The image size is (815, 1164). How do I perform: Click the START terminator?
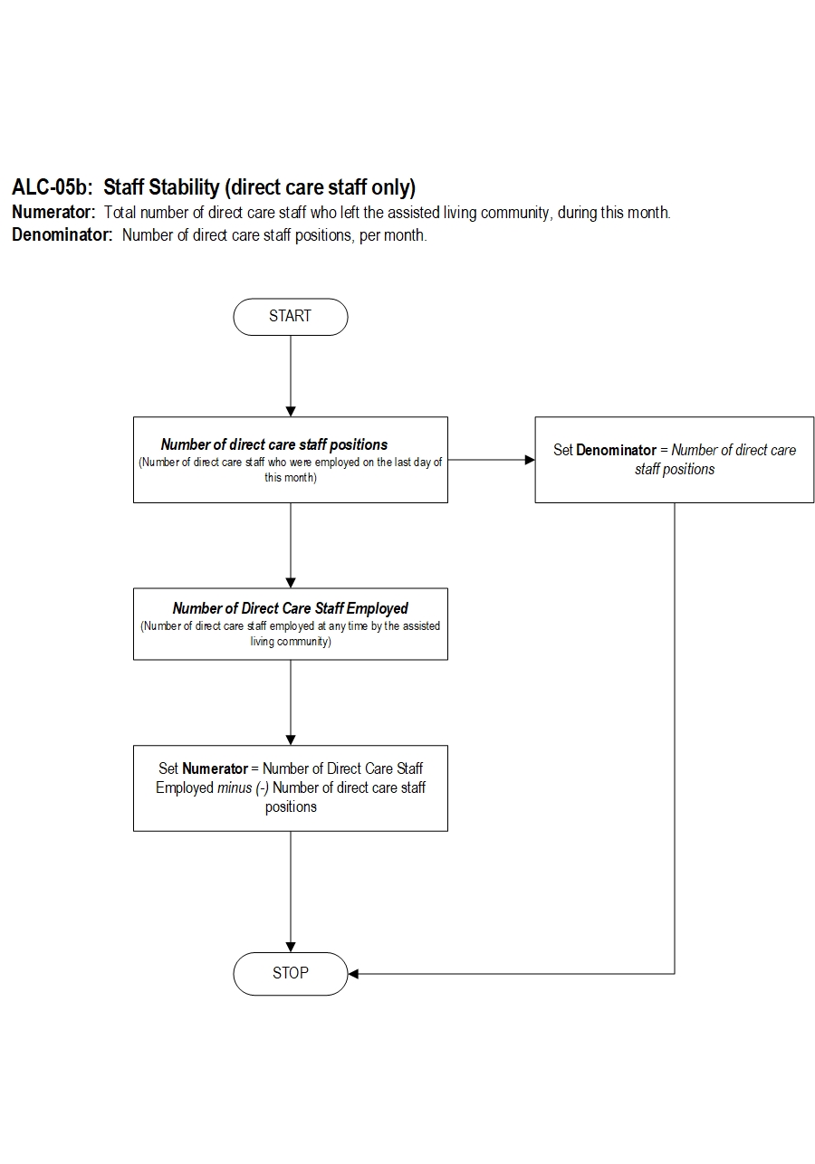291,317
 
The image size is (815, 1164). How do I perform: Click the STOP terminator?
291,973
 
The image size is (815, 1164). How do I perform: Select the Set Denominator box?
674,460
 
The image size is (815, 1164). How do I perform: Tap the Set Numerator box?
291,787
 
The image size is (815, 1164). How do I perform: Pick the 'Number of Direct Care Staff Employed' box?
291,624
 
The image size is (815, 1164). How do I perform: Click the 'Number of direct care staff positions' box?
291,460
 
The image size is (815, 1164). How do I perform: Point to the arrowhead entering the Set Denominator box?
530,460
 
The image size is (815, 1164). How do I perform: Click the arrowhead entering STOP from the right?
353,973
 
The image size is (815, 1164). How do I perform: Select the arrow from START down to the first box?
291,376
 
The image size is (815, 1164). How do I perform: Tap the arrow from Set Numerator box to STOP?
291,892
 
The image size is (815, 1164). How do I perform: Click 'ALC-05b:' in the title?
52,187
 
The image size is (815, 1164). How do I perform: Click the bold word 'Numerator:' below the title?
53,212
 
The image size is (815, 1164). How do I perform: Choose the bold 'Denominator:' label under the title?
62,234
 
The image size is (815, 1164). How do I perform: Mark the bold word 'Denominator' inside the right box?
616,450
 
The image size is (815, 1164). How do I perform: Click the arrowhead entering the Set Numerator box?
291,740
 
